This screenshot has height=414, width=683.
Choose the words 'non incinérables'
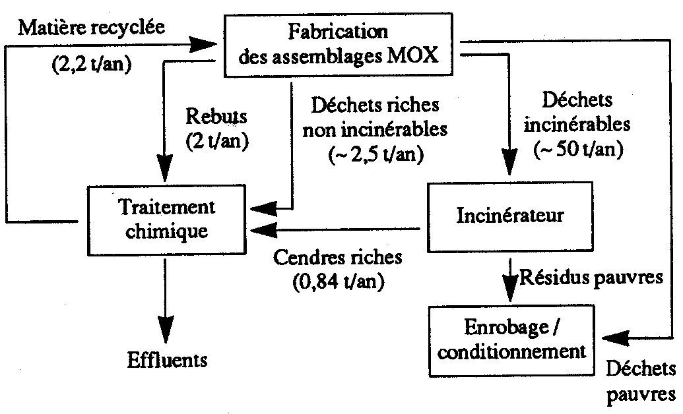[x=374, y=129]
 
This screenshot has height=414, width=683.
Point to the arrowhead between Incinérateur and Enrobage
[x=509, y=285]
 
